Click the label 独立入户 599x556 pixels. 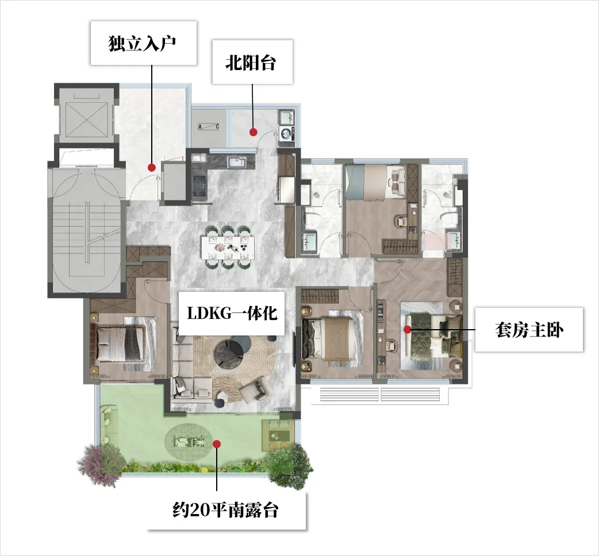click(143, 44)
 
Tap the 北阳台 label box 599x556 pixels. click(252, 62)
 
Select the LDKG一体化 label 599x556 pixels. click(232, 313)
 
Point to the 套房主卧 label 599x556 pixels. click(529, 330)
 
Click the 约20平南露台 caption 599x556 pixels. click(225, 510)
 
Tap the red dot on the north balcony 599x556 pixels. click(253, 132)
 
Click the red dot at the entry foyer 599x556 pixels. click(152, 167)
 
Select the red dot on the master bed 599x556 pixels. click(408, 329)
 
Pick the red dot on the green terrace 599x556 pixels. click(217, 444)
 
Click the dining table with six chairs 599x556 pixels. click(228, 248)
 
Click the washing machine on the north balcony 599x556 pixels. click(287, 133)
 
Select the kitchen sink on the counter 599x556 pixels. click(237, 162)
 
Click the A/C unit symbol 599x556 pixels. click(209, 127)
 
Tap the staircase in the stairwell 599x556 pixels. click(87, 233)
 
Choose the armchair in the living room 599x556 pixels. click(256, 389)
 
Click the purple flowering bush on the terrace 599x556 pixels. click(101, 465)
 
